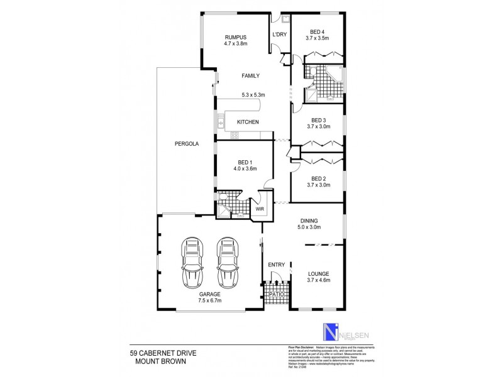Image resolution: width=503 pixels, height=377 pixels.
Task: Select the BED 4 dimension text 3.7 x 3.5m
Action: coord(318,38)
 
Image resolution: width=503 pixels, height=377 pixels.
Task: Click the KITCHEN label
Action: coord(247,122)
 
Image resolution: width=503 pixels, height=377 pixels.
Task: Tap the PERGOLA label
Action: coord(187,144)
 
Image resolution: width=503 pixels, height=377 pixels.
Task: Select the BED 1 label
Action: coord(244,161)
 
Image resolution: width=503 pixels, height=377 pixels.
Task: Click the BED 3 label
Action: coord(318,120)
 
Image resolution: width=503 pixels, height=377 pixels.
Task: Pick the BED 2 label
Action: coord(318,178)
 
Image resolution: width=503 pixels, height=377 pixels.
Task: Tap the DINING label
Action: coord(309,221)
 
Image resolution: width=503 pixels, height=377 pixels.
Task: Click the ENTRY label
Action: coord(276,265)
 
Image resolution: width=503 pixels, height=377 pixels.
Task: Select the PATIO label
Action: coord(275,293)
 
